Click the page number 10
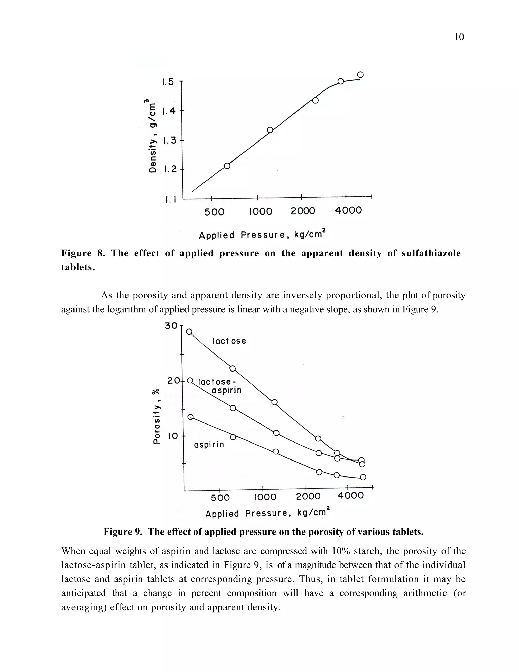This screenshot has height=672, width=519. (x=459, y=37)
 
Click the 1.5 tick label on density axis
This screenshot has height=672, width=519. (x=168, y=82)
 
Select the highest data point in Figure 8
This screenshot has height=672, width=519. (x=360, y=75)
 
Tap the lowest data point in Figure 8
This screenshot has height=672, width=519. (x=227, y=166)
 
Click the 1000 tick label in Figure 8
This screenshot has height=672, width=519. (x=261, y=211)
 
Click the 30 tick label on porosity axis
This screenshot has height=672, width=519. (x=171, y=326)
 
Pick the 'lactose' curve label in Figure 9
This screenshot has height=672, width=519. (x=229, y=341)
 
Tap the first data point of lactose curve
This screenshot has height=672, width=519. (x=189, y=332)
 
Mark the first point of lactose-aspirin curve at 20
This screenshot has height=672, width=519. (x=190, y=381)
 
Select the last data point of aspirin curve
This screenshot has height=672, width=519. (x=363, y=477)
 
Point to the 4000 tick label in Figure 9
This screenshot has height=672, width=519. (x=350, y=496)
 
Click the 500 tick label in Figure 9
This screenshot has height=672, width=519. (x=220, y=498)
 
